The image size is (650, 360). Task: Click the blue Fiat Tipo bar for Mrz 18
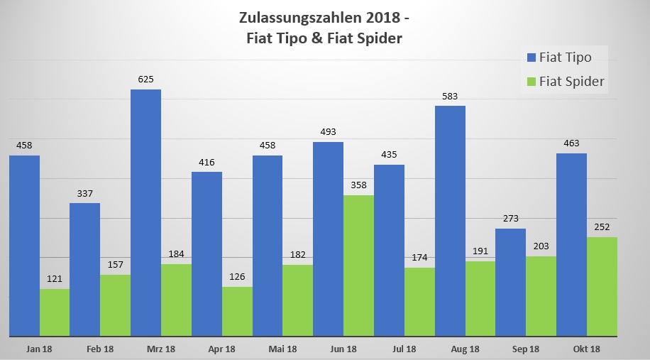point(145,212)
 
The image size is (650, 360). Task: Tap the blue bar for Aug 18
point(450,220)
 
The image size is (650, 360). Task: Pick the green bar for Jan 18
point(55,312)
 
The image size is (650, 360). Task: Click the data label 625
point(146,80)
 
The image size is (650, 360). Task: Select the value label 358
point(358,185)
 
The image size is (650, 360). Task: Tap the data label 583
point(450,96)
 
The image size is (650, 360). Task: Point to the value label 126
point(237,277)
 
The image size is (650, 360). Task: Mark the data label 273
point(511,219)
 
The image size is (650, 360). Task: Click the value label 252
point(602,227)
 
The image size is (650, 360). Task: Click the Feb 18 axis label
point(99,349)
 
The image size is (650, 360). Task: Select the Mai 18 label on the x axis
point(282,349)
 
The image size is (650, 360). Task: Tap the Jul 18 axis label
point(404,349)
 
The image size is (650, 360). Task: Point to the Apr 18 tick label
point(221,349)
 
